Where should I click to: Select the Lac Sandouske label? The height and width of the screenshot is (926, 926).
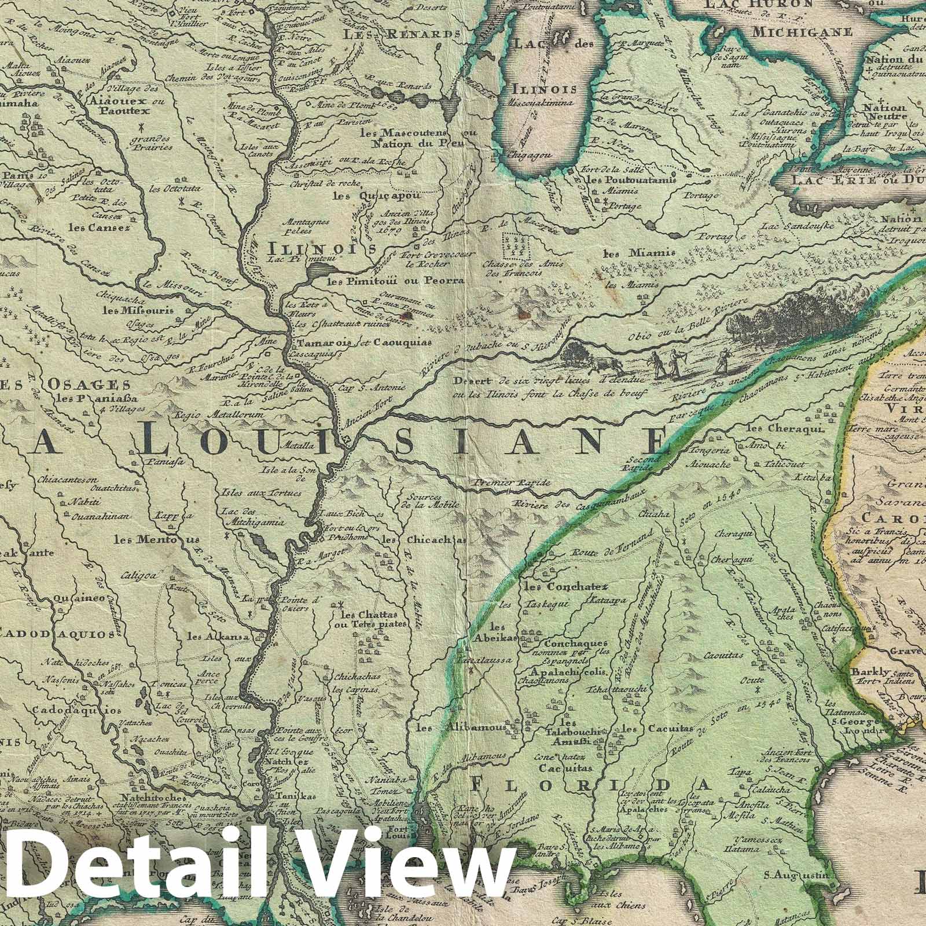[797, 226]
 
